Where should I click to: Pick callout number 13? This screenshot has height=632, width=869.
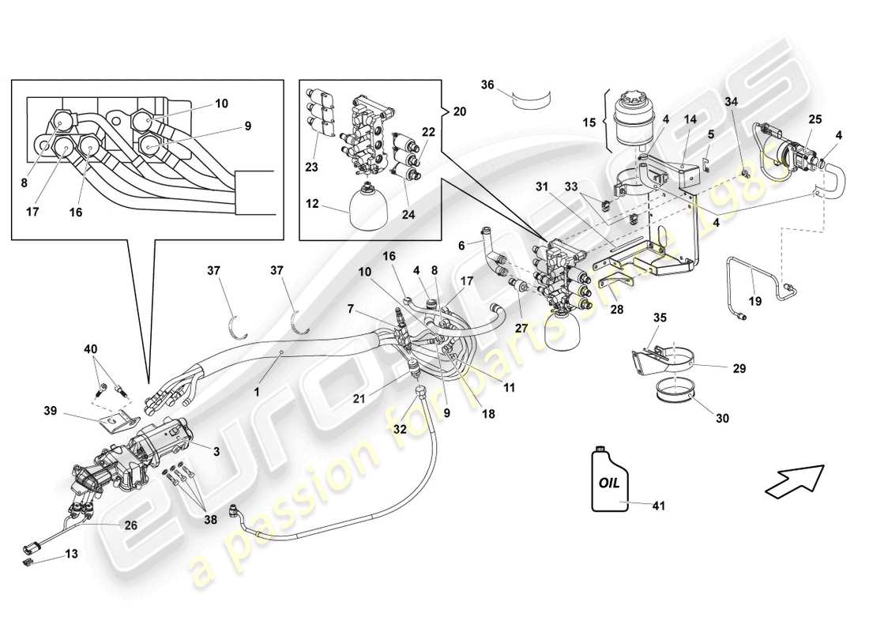point(72,554)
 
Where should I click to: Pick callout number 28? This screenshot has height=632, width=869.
point(617,310)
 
